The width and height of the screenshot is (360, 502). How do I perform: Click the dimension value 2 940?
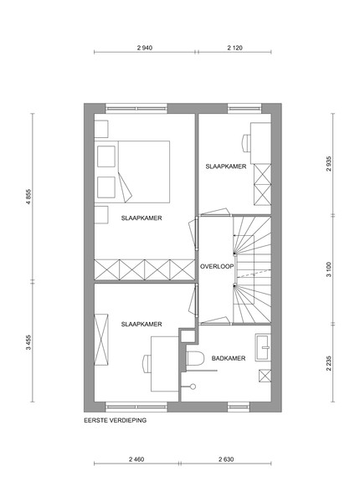(x=145, y=48)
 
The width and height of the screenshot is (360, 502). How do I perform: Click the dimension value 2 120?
(x=234, y=48)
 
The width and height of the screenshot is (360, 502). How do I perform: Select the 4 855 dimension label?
(x=28, y=197)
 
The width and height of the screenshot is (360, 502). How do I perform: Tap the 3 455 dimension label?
(x=28, y=342)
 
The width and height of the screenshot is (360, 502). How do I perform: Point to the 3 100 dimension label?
(x=329, y=269)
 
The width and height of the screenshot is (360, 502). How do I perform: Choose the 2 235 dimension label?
(x=329, y=363)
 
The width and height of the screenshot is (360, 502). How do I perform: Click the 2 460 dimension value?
(x=136, y=459)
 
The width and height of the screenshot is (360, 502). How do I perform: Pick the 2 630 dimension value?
(x=226, y=459)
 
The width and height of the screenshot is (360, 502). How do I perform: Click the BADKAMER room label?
(x=229, y=358)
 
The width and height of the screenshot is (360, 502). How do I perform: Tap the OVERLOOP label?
(x=217, y=266)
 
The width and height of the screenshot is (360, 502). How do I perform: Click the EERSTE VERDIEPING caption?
(x=116, y=420)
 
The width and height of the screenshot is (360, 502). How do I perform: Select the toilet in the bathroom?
(x=195, y=358)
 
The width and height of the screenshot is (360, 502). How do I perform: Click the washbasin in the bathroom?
(x=263, y=347)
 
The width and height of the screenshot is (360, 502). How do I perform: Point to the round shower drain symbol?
(x=193, y=387)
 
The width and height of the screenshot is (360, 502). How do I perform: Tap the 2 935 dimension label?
(x=329, y=164)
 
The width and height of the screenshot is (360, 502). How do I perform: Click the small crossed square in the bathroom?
(x=265, y=376)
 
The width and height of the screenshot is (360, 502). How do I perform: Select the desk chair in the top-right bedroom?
(x=246, y=143)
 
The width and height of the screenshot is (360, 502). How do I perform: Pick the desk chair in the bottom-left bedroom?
(x=147, y=364)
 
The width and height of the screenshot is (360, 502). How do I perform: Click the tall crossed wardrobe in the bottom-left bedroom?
(x=101, y=340)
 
